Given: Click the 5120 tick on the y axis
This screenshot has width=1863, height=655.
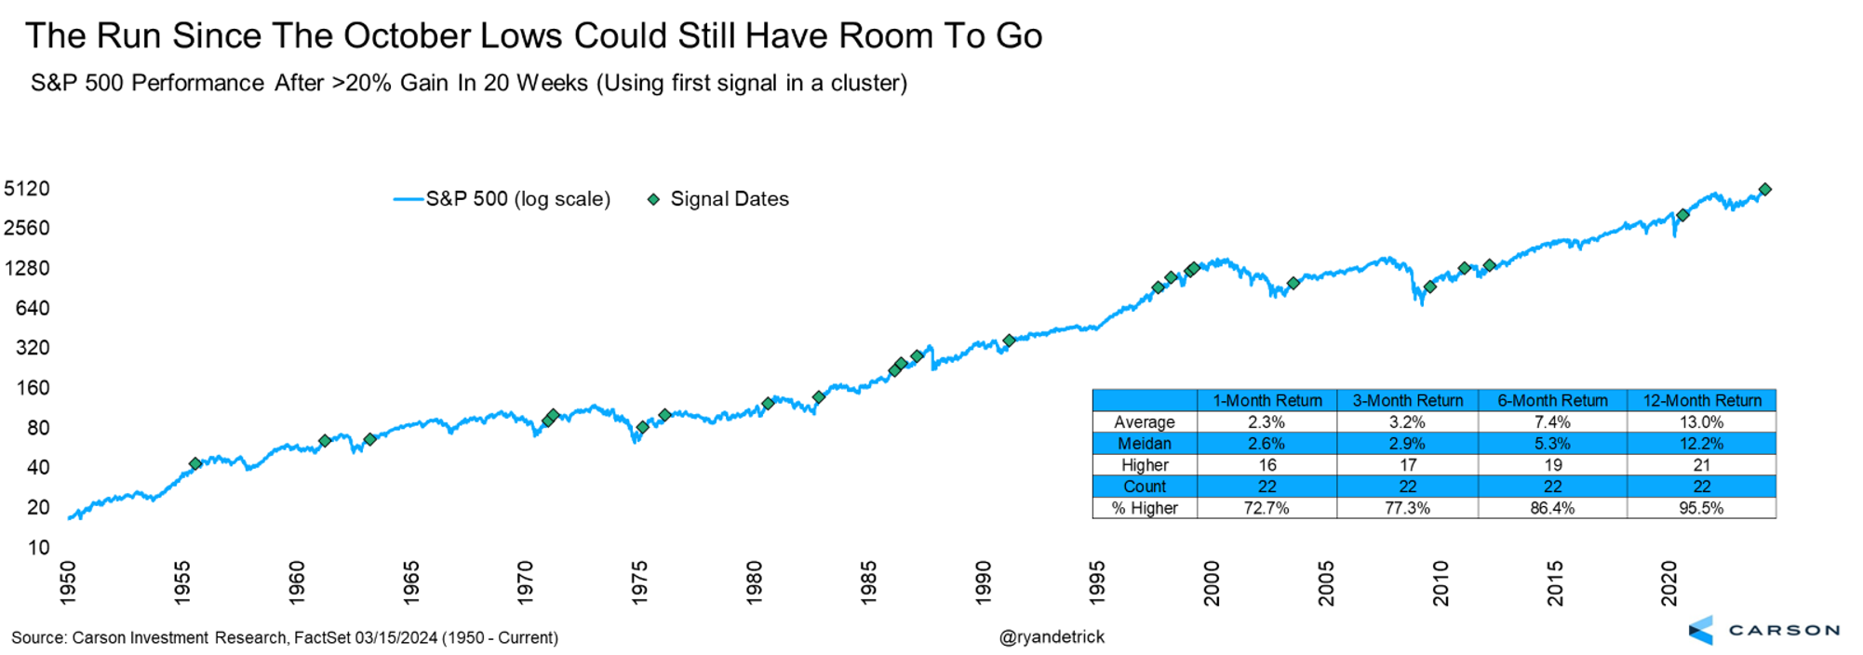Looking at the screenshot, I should [x=27, y=189].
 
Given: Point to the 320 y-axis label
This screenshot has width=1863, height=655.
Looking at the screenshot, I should [x=33, y=348].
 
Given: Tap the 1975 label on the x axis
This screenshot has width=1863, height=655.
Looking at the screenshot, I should [x=639, y=583].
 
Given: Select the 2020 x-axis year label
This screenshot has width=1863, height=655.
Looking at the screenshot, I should [x=1669, y=583].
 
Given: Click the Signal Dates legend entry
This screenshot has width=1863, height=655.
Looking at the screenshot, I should [x=729, y=199].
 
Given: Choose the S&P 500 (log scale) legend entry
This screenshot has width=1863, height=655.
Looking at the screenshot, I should [x=517, y=199].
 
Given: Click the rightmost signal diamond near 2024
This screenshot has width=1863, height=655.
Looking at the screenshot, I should [x=1764, y=190].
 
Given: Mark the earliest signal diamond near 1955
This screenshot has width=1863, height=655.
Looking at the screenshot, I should [x=195, y=463].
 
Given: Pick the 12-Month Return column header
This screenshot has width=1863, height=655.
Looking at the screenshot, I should [x=1701, y=401].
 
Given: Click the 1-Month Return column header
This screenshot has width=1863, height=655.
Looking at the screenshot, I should [x=1267, y=401].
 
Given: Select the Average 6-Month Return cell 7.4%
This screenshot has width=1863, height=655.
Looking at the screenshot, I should [x=1552, y=422].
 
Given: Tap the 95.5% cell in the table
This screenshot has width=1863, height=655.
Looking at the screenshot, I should [x=1701, y=508].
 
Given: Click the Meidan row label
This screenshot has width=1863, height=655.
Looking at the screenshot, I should [x=1145, y=444].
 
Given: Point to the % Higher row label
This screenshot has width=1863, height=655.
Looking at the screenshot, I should [x=1145, y=508].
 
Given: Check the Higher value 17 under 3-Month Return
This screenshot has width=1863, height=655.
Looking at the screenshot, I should [x=1408, y=465].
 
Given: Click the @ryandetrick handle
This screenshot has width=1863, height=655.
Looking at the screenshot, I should [x=1052, y=637].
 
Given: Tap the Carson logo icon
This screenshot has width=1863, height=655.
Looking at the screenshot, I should [x=1701, y=630].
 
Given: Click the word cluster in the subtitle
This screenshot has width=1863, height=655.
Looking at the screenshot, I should [x=864, y=83].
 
